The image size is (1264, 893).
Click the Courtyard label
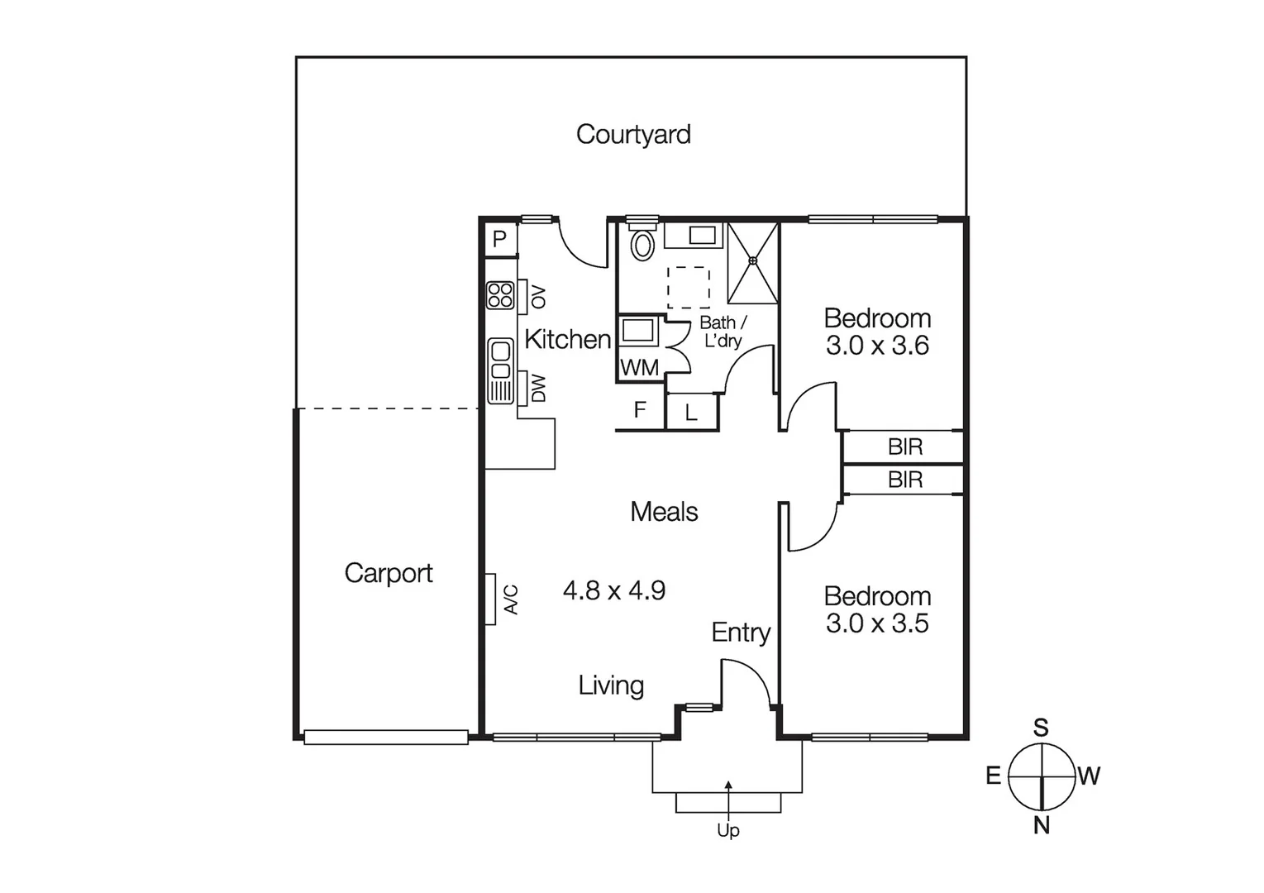633,134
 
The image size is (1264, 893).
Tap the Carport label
388,573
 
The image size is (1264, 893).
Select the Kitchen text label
567,339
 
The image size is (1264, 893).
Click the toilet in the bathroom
642,245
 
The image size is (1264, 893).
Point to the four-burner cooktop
500,295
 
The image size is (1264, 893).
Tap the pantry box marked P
499,240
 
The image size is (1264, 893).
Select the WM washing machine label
639,369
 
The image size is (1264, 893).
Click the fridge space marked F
639,410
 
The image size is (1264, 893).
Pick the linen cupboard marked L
691,413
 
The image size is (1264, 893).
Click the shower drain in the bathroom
752,261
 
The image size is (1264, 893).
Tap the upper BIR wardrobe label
904,447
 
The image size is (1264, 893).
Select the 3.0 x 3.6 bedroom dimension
877,346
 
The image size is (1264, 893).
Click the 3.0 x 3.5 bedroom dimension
877,623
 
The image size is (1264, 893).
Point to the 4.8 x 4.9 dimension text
613,590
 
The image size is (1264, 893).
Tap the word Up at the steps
727,830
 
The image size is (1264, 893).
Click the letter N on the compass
1042,825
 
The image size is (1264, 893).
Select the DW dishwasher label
538,389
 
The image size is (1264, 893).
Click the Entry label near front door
741,633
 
